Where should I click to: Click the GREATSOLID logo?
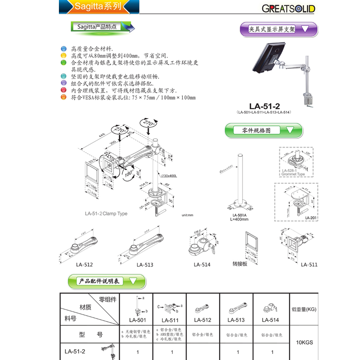(288, 9)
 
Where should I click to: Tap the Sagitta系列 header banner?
(99, 7)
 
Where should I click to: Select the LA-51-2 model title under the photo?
(264, 106)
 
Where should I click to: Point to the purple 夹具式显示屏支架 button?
(278, 29)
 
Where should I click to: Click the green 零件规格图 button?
(263, 130)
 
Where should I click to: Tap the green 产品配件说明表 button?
(107, 281)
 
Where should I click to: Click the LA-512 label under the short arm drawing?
(84, 265)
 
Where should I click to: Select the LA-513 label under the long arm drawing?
(145, 265)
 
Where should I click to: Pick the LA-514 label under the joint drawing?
(202, 265)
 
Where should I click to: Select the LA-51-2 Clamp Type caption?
(106, 214)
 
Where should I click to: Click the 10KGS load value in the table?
(304, 342)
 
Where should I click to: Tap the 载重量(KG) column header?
(304, 309)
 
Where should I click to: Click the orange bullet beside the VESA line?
(64, 98)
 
